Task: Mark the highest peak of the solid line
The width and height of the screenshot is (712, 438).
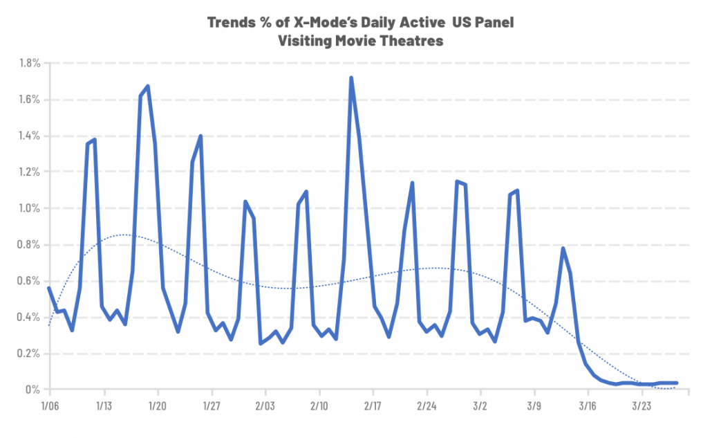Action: (x=351, y=77)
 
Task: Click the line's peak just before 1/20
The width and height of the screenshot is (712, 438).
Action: (x=148, y=86)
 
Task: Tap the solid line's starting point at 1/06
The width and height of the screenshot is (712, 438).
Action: (x=48, y=288)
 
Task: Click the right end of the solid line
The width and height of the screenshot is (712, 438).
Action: (x=677, y=383)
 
